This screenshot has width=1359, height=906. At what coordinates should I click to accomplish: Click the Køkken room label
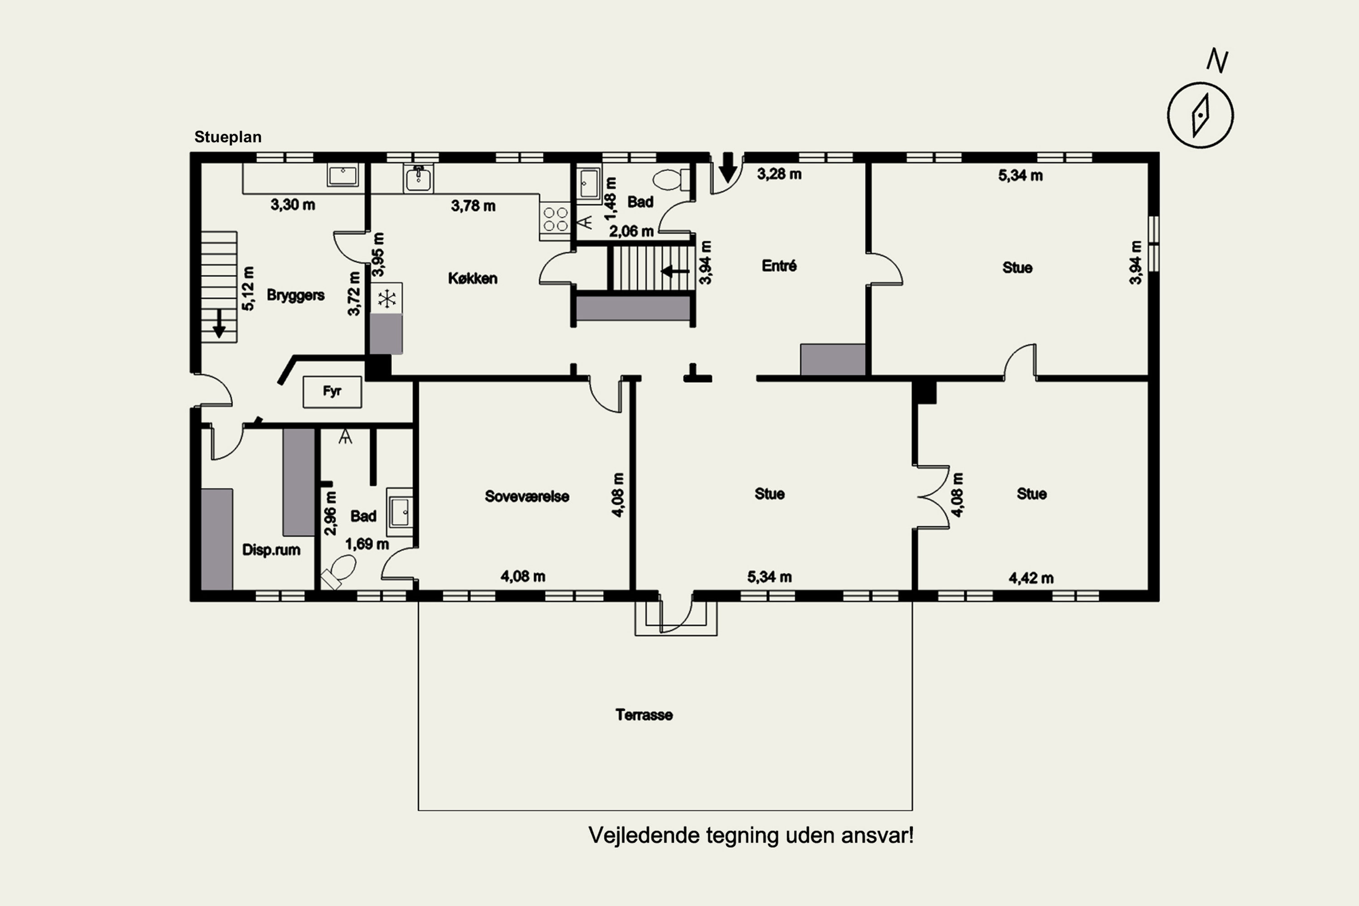(472, 279)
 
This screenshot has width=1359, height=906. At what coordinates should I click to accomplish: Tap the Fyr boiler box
(332, 392)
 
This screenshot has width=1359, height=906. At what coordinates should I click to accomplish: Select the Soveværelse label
(527, 496)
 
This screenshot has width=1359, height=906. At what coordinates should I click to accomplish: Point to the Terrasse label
(644, 715)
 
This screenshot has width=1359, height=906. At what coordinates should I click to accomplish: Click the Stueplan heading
(228, 137)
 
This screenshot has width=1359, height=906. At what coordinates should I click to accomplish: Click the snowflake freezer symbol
(386, 299)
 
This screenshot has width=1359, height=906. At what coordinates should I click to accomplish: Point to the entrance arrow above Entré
(728, 167)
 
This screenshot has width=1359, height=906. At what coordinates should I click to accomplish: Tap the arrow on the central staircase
(675, 271)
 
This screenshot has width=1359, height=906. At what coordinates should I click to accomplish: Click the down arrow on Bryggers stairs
(219, 323)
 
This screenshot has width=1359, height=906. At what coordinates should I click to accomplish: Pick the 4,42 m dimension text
(1031, 578)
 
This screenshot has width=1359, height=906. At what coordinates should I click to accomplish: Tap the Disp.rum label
(271, 549)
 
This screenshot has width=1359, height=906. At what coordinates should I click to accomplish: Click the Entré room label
(779, 266)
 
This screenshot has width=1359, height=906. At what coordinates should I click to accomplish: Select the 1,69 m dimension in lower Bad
(367, 545)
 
